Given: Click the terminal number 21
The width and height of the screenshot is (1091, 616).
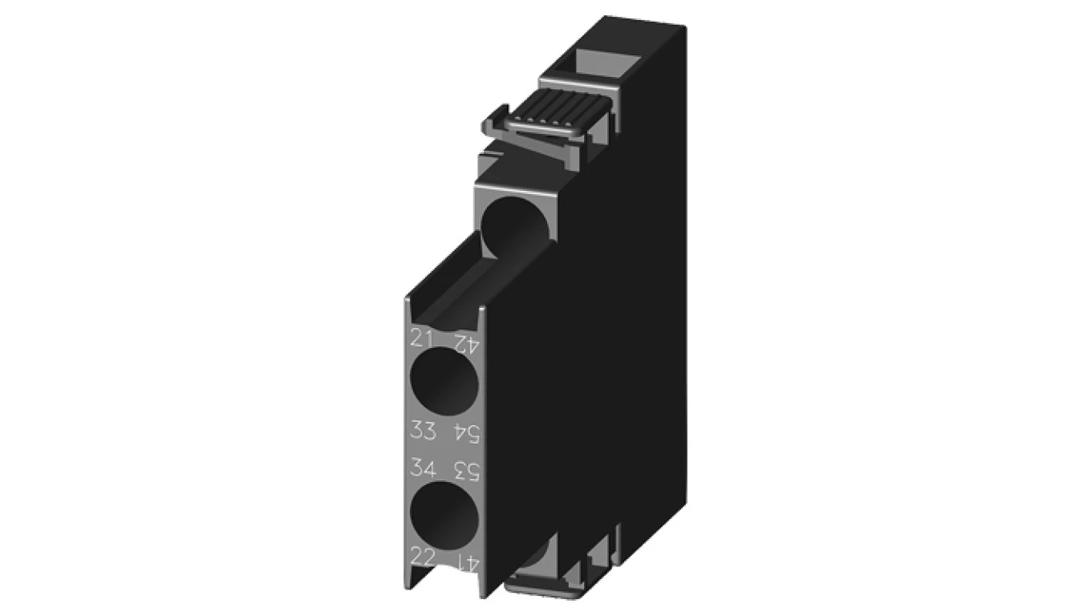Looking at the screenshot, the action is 423,337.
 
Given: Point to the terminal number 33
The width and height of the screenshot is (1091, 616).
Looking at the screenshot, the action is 423,430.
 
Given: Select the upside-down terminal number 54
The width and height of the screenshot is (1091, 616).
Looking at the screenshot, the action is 467,433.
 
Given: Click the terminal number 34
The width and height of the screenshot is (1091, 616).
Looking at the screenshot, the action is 423,467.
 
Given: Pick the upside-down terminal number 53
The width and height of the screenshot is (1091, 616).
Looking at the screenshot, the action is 467,470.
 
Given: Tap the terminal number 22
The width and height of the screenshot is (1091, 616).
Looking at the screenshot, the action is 423,556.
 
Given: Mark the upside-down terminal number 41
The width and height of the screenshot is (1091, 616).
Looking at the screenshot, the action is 467,562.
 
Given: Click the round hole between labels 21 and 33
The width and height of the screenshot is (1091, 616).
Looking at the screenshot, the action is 444,381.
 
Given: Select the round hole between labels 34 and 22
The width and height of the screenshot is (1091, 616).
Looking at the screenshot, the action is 444,516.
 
